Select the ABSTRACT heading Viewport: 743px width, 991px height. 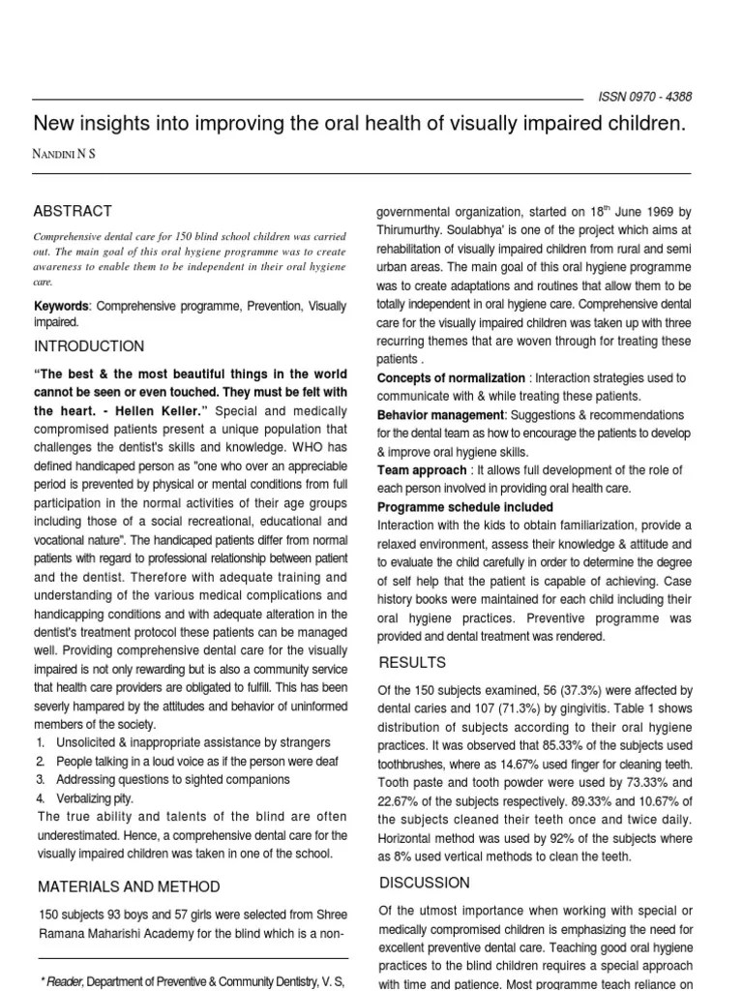(73, 211)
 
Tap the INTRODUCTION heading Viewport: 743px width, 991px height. (89, 346)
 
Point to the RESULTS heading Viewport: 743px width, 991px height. (412, 663)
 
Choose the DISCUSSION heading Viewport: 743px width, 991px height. (424, 883)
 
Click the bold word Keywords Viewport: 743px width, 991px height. (62, 306)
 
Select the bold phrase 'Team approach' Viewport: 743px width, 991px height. (422, 469)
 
